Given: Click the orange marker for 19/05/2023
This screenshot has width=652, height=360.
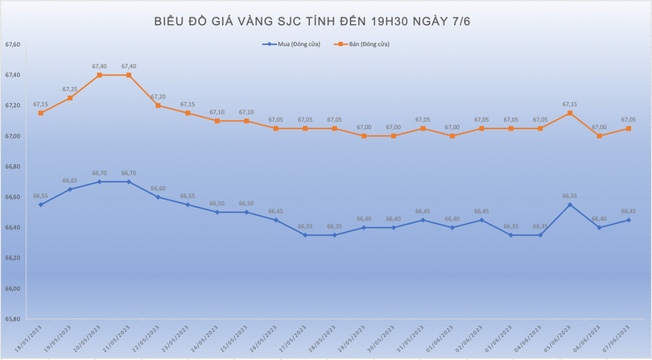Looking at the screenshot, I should pos(70,97).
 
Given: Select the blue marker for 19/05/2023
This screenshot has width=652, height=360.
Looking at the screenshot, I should pos(70,189).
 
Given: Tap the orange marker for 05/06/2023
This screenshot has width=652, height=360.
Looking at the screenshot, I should pos(570,113).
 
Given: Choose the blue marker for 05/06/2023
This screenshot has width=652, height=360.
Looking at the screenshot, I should pos(570,205).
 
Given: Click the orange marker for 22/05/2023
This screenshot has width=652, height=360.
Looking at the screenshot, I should pos(158,106).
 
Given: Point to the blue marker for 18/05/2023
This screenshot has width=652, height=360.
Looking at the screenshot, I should pos(40,205).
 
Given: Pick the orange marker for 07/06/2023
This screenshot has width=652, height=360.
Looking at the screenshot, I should pos(629,128).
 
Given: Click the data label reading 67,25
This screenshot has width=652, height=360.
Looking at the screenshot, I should pos(70,89).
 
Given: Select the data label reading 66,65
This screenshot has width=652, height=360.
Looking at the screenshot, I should pos(70,180).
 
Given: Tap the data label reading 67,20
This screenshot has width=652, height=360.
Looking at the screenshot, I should pos(158,97).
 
